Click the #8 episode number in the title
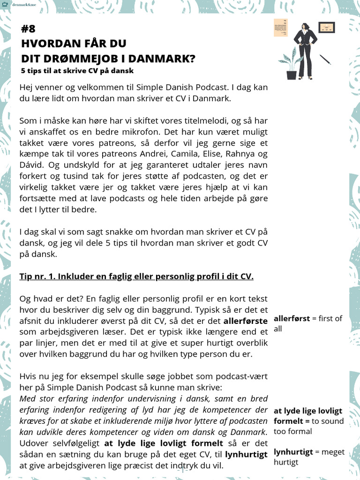pos(28,29)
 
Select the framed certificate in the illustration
pos(326,28)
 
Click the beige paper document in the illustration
pos(281,28)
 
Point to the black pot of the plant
pos(292,74)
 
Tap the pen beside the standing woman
pos(325,59)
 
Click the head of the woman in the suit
pos(305,26)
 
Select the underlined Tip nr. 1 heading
pos(136,276)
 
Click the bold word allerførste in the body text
pos(246,321)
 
